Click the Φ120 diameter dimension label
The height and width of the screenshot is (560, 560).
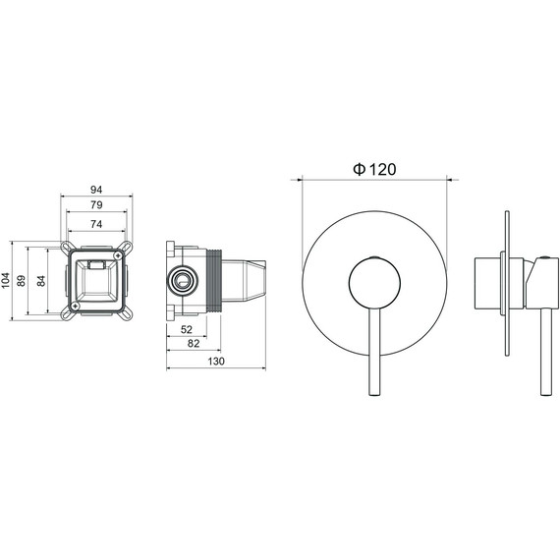[x=374, y=169]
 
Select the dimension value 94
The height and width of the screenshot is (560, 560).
[x=96, y=190]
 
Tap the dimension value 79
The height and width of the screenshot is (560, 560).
[x=96, y=204]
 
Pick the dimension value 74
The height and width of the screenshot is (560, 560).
[x=96, y=224]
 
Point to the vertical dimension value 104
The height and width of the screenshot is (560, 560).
[x=6, y=281]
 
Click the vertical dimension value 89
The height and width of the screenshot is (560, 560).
[x=22, y=281]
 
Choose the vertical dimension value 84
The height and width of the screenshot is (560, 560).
[x=41, y=281]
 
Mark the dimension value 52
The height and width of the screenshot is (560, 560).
[x=187, y=329]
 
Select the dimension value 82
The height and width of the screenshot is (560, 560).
[x=194, y=343]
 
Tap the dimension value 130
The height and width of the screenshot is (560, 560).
[x=216, y=362]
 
